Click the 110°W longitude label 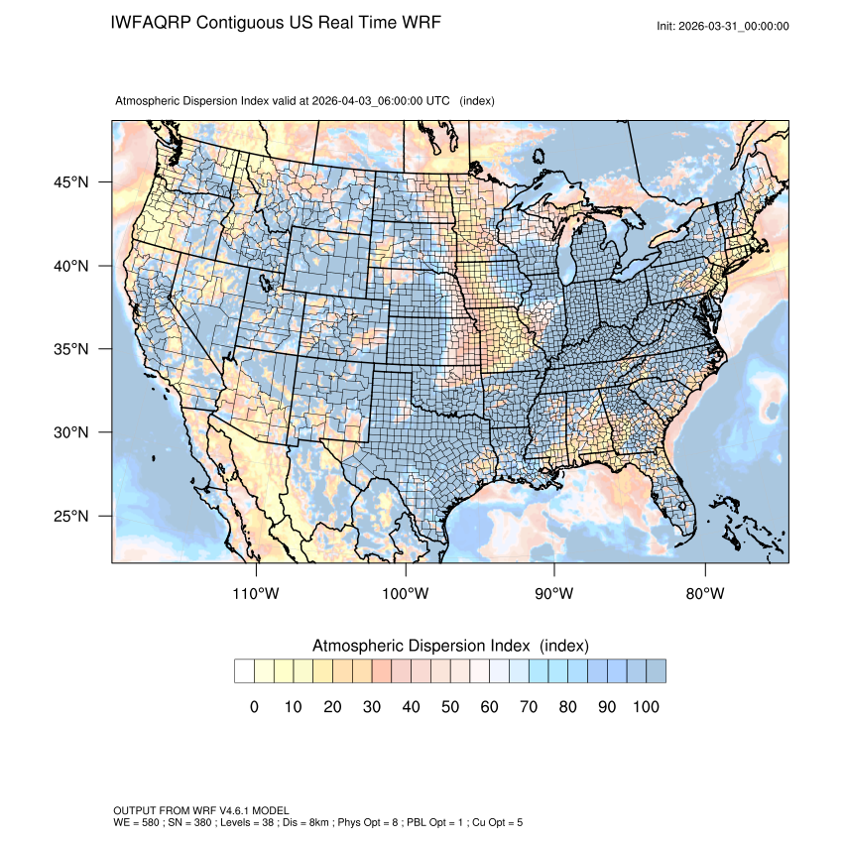[x=257, y=594]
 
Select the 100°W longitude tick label [x=406, y=594]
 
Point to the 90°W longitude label [x=554, y=594]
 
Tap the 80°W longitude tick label [x=704, y=594]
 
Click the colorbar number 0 [x=254, y=707]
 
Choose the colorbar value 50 [x=449, y=707]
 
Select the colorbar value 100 [x=645, y=707]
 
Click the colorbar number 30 [x=371, y=707]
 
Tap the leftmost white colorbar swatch [x=244, y=671]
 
